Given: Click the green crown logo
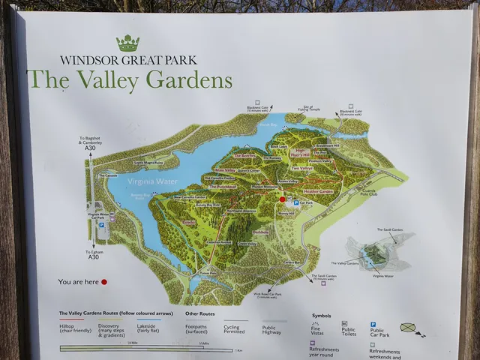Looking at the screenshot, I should (x=128, y=43).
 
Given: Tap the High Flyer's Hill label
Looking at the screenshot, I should (x=300, y=154).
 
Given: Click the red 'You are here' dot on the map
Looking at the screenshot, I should (x=283, y=199).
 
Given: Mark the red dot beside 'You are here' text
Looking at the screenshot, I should (x=104, y=282).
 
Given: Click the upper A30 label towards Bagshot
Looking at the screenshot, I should (x=94, y=149).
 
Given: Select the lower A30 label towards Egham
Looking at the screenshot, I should (x=94, y=257).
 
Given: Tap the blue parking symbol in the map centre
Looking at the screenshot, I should (x=295, y=202).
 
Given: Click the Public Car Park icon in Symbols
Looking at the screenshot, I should (x=373, y=325).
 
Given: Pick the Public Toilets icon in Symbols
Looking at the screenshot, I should (x=344, y=325).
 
